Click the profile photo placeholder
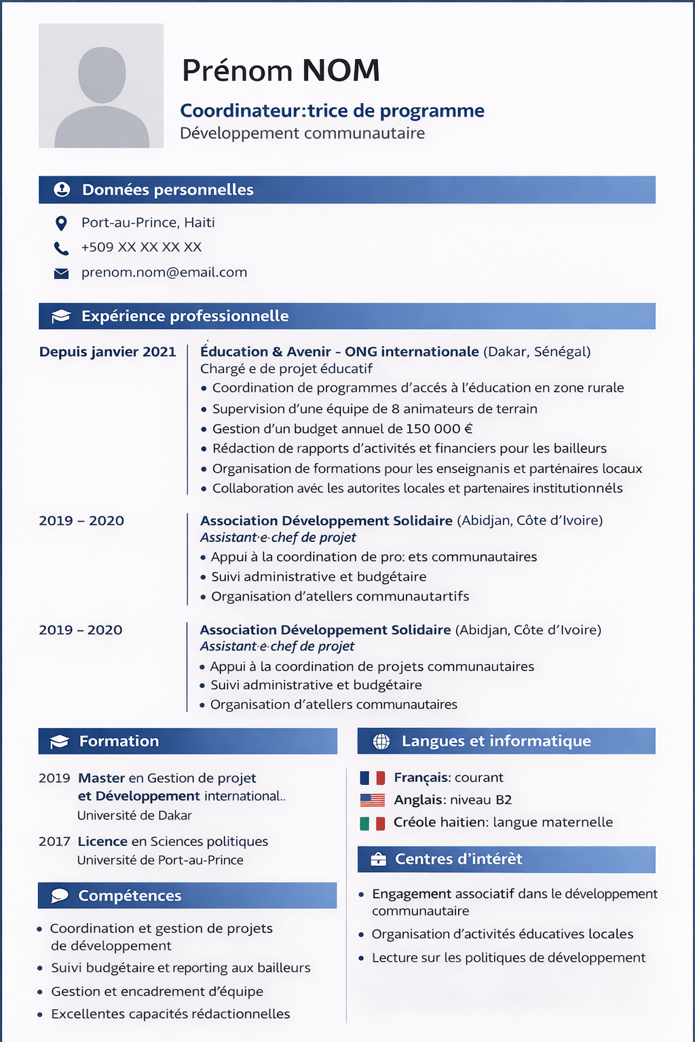point(101,86)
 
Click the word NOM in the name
point(341,71)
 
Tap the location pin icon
point(61,223)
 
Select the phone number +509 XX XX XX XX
point(141,248)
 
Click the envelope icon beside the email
point(61,273)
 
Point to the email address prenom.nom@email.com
point(164,273)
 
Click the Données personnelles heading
point(168,190)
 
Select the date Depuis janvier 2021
point(107,352)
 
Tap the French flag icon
point(372,778)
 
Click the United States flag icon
point(372,800)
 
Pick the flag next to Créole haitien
point(372,823)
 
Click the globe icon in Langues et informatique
point(381,741)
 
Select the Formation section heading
point(119,741)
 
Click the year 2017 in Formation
point(54,842)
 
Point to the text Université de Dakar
point(134,815)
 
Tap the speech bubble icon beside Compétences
point(60,896)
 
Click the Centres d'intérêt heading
point(459,860)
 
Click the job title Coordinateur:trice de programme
point(332,111)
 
